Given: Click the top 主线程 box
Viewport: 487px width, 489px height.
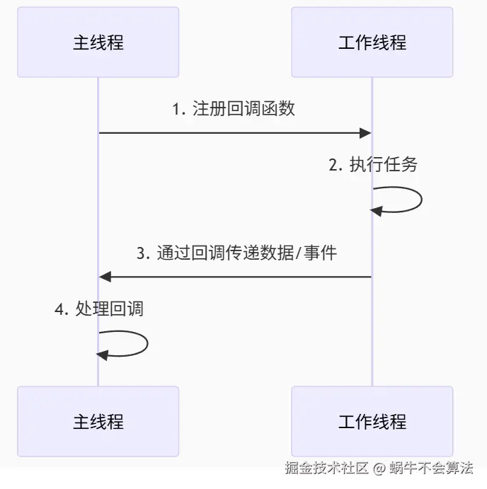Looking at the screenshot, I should tap(98, 42).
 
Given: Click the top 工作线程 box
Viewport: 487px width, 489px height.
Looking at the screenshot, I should tap(372, 42).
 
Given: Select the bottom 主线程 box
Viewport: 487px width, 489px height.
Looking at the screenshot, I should tap(98, 422).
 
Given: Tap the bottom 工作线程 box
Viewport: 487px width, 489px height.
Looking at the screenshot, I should tap(372, 422).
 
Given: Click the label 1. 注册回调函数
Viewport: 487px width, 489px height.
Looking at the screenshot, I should tap(234, 109).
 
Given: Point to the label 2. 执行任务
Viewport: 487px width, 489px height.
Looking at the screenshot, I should tap(373, 165).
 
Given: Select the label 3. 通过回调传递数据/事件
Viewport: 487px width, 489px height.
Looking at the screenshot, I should tap(236, 253).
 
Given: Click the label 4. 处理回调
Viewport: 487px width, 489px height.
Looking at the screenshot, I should tap(99, 309).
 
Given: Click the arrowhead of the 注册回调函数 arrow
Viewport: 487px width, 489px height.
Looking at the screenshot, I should tap(365, 132).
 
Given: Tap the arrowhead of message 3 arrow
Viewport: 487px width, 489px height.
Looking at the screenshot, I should tap(105, 276).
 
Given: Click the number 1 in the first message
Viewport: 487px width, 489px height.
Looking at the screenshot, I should tap(177, 110).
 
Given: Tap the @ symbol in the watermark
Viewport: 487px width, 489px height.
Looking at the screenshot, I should tap(379, 468).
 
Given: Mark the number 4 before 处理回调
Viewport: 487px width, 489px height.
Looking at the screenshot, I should tap(59, 309).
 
